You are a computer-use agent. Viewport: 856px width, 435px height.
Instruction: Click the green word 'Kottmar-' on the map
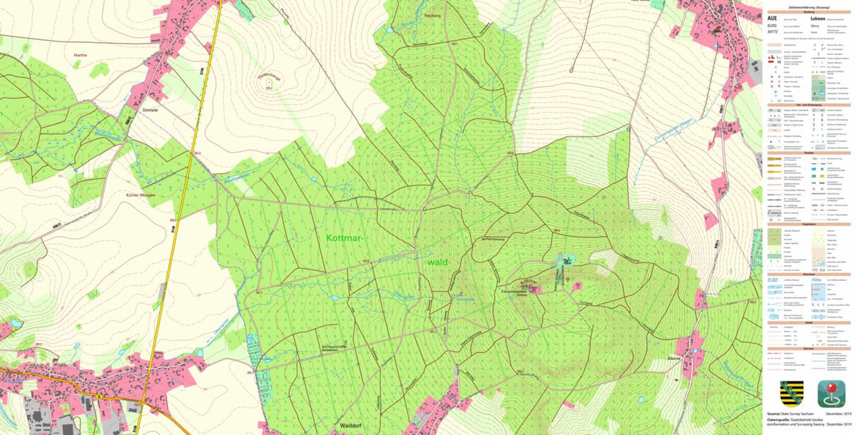click(x=350, y=237)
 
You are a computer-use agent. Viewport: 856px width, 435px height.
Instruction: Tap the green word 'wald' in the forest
click(x=438, y=262)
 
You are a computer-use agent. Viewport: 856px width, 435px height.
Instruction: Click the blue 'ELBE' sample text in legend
click(x=773, y=280)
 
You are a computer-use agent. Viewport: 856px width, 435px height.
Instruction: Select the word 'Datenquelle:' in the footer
click(x=777, y=420)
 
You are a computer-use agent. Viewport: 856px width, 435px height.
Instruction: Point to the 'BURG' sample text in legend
click(x=772, y=25)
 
